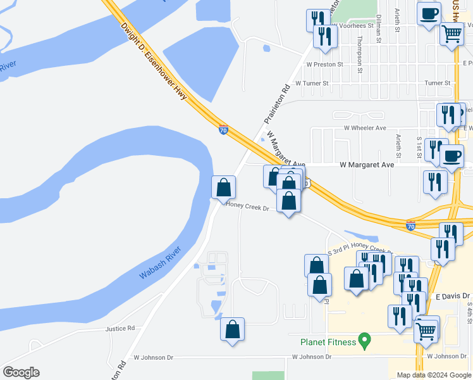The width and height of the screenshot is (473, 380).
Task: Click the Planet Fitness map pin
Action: click(364, 341)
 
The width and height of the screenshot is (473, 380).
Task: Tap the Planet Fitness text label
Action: click(328, 342)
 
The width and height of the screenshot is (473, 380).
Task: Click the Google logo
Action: click(21, 372)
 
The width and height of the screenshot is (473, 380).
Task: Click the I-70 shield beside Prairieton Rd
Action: click(224, 130)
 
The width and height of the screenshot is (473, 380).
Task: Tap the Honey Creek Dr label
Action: click(249, 208)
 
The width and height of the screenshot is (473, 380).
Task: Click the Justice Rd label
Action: click(123, 329)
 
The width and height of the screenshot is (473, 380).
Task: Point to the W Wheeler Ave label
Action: click(365, 127)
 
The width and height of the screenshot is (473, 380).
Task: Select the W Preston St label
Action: click(324, 64)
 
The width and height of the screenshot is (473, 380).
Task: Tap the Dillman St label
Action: click(379, 30)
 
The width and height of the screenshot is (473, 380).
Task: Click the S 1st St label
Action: click(419, 147)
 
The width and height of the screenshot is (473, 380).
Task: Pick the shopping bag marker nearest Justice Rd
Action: click(233, 329)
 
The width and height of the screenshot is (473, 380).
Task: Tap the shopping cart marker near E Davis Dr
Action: click(427, 329)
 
